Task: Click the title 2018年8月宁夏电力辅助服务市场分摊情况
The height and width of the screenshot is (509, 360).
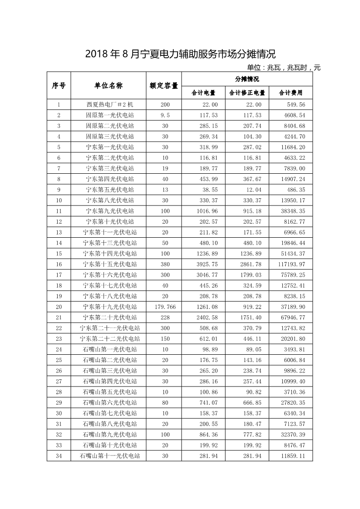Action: tap(180, 54)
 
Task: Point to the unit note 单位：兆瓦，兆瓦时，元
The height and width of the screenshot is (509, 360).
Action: tap(284, 68)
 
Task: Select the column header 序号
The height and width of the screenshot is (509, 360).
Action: tap(59, 85)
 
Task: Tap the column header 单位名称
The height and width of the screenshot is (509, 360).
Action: tap(108, 85)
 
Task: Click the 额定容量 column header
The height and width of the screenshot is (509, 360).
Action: tap(164, 85)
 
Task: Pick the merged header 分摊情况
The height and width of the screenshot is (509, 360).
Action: tap(247, 79)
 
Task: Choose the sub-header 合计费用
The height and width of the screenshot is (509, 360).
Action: tap(291, 93)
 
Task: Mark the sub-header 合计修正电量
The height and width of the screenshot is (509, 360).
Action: tap(247, 93)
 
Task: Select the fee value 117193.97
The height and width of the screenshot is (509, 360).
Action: tap(292, 264)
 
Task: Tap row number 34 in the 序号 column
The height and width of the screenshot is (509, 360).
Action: tap(59, 456)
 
